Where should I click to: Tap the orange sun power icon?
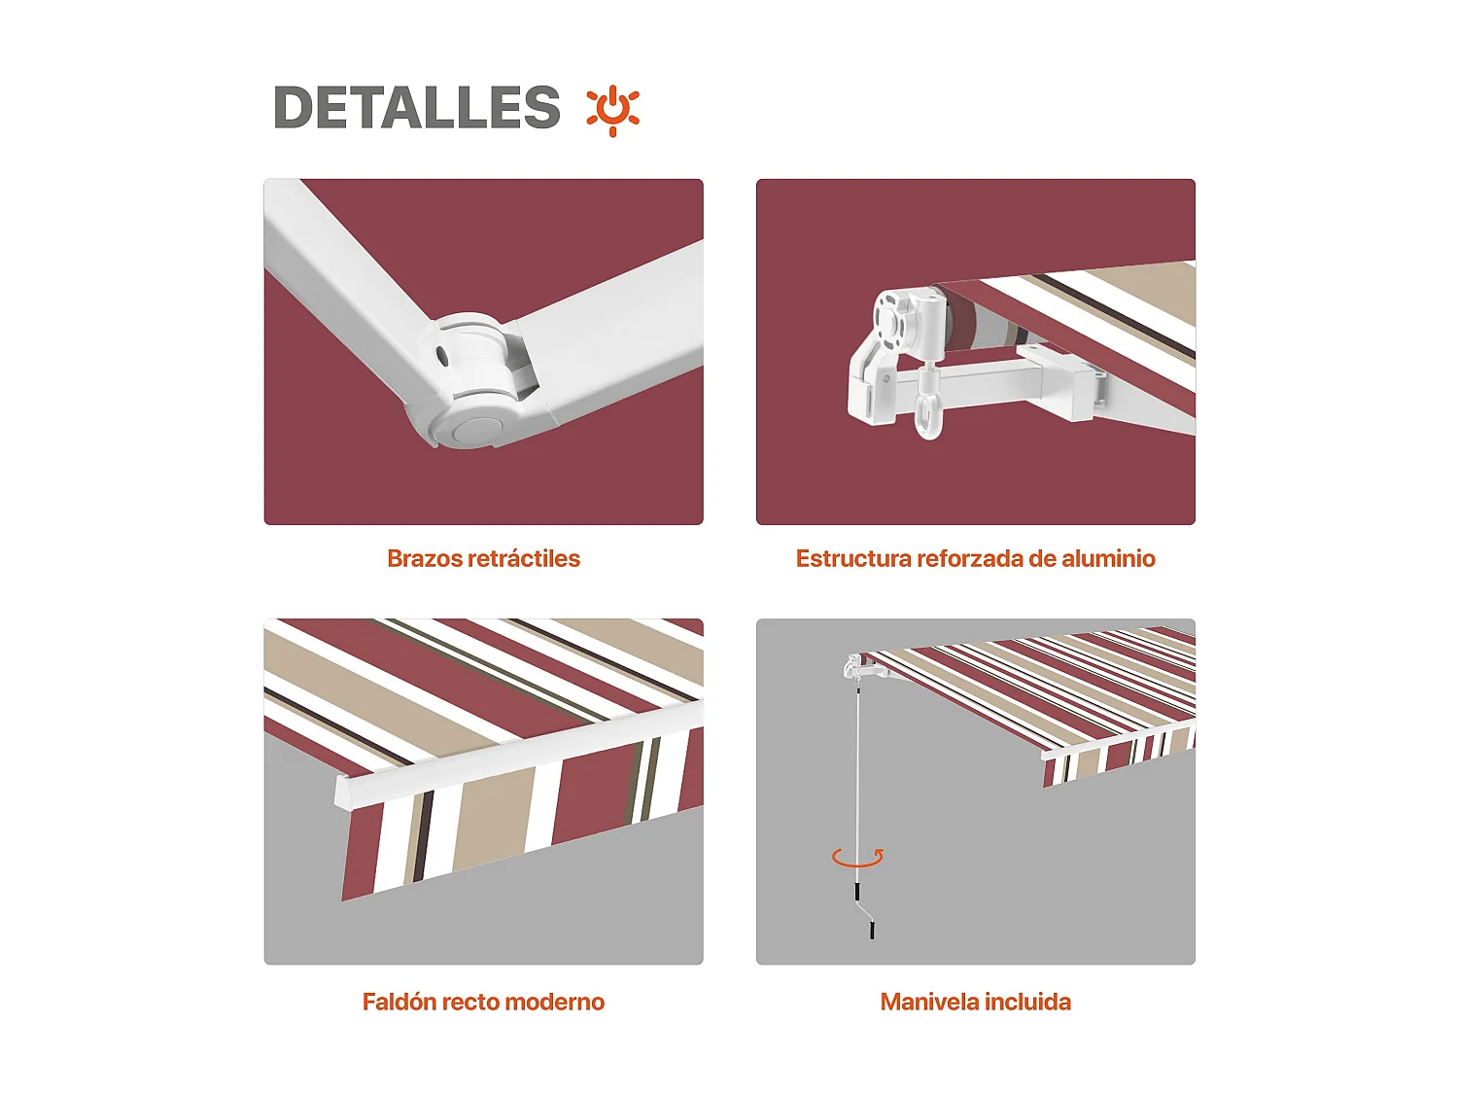click(612, 109)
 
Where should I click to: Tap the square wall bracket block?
click(1069, 387)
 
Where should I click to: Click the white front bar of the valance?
click(515, 759)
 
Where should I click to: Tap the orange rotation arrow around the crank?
click(857, 858)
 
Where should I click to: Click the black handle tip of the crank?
click(872, 931)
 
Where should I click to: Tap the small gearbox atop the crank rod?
click(854, 667)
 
